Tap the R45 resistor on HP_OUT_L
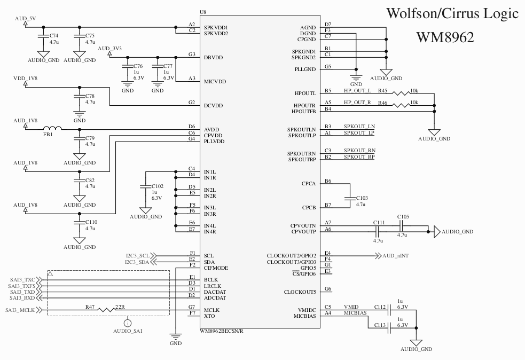coord(401,93)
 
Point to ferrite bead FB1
coord(52,129)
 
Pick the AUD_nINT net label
coord(395,256)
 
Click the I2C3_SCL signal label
coord(137,256)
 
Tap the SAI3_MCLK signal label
coord(21,310)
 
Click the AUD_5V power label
coord(25,19)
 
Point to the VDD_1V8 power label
coord(25,79)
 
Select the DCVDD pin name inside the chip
coord(213,105)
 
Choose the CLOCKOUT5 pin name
coord(300,292)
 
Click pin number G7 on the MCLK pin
coord(191,307)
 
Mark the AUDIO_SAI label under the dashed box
coord(127,331)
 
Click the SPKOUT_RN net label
coord(359,151)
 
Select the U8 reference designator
coord(202,12)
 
